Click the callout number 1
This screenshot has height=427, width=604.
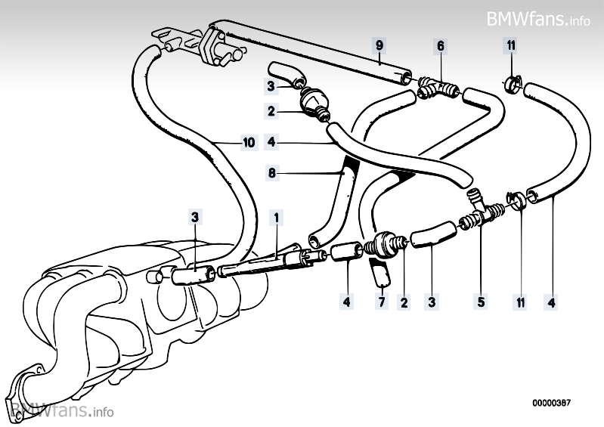277,218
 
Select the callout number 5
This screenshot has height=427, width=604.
480,303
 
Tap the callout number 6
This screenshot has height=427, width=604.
440,46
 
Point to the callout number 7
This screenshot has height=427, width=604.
382,303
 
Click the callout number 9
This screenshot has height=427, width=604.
380,46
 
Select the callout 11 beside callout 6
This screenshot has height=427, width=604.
511,46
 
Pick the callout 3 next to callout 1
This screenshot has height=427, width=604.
195,218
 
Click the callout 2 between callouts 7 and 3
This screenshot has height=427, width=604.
404,303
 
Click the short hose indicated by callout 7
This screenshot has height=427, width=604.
380,275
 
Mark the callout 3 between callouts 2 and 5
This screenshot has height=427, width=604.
432,303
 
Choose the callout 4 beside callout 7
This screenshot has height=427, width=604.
347,303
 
